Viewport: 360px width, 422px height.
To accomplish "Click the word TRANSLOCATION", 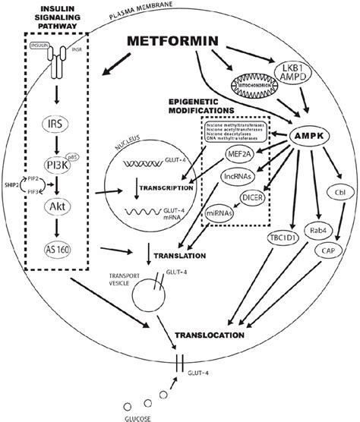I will [218, 333].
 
